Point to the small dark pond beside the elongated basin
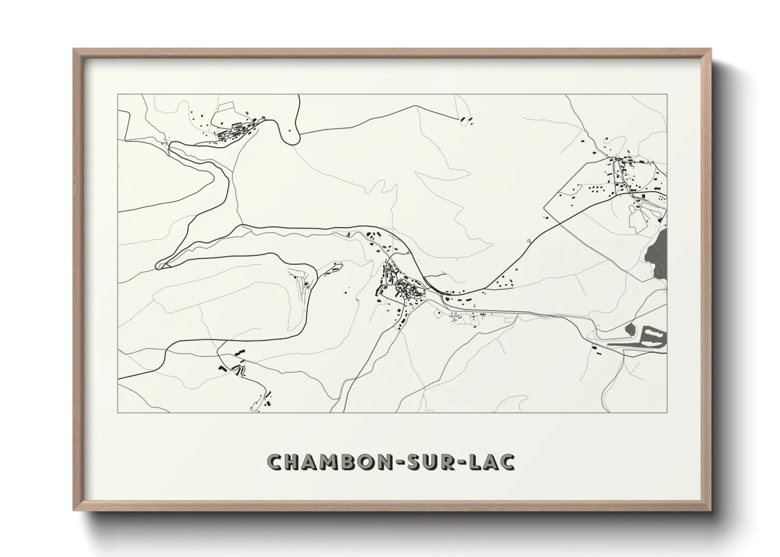click(630, 330)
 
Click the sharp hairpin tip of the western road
click(159, 265)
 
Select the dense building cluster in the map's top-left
click(232, 130)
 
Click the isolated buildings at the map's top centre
click(466, 120)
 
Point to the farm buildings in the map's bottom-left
click(235, 366)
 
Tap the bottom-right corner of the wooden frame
click(710, 511)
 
